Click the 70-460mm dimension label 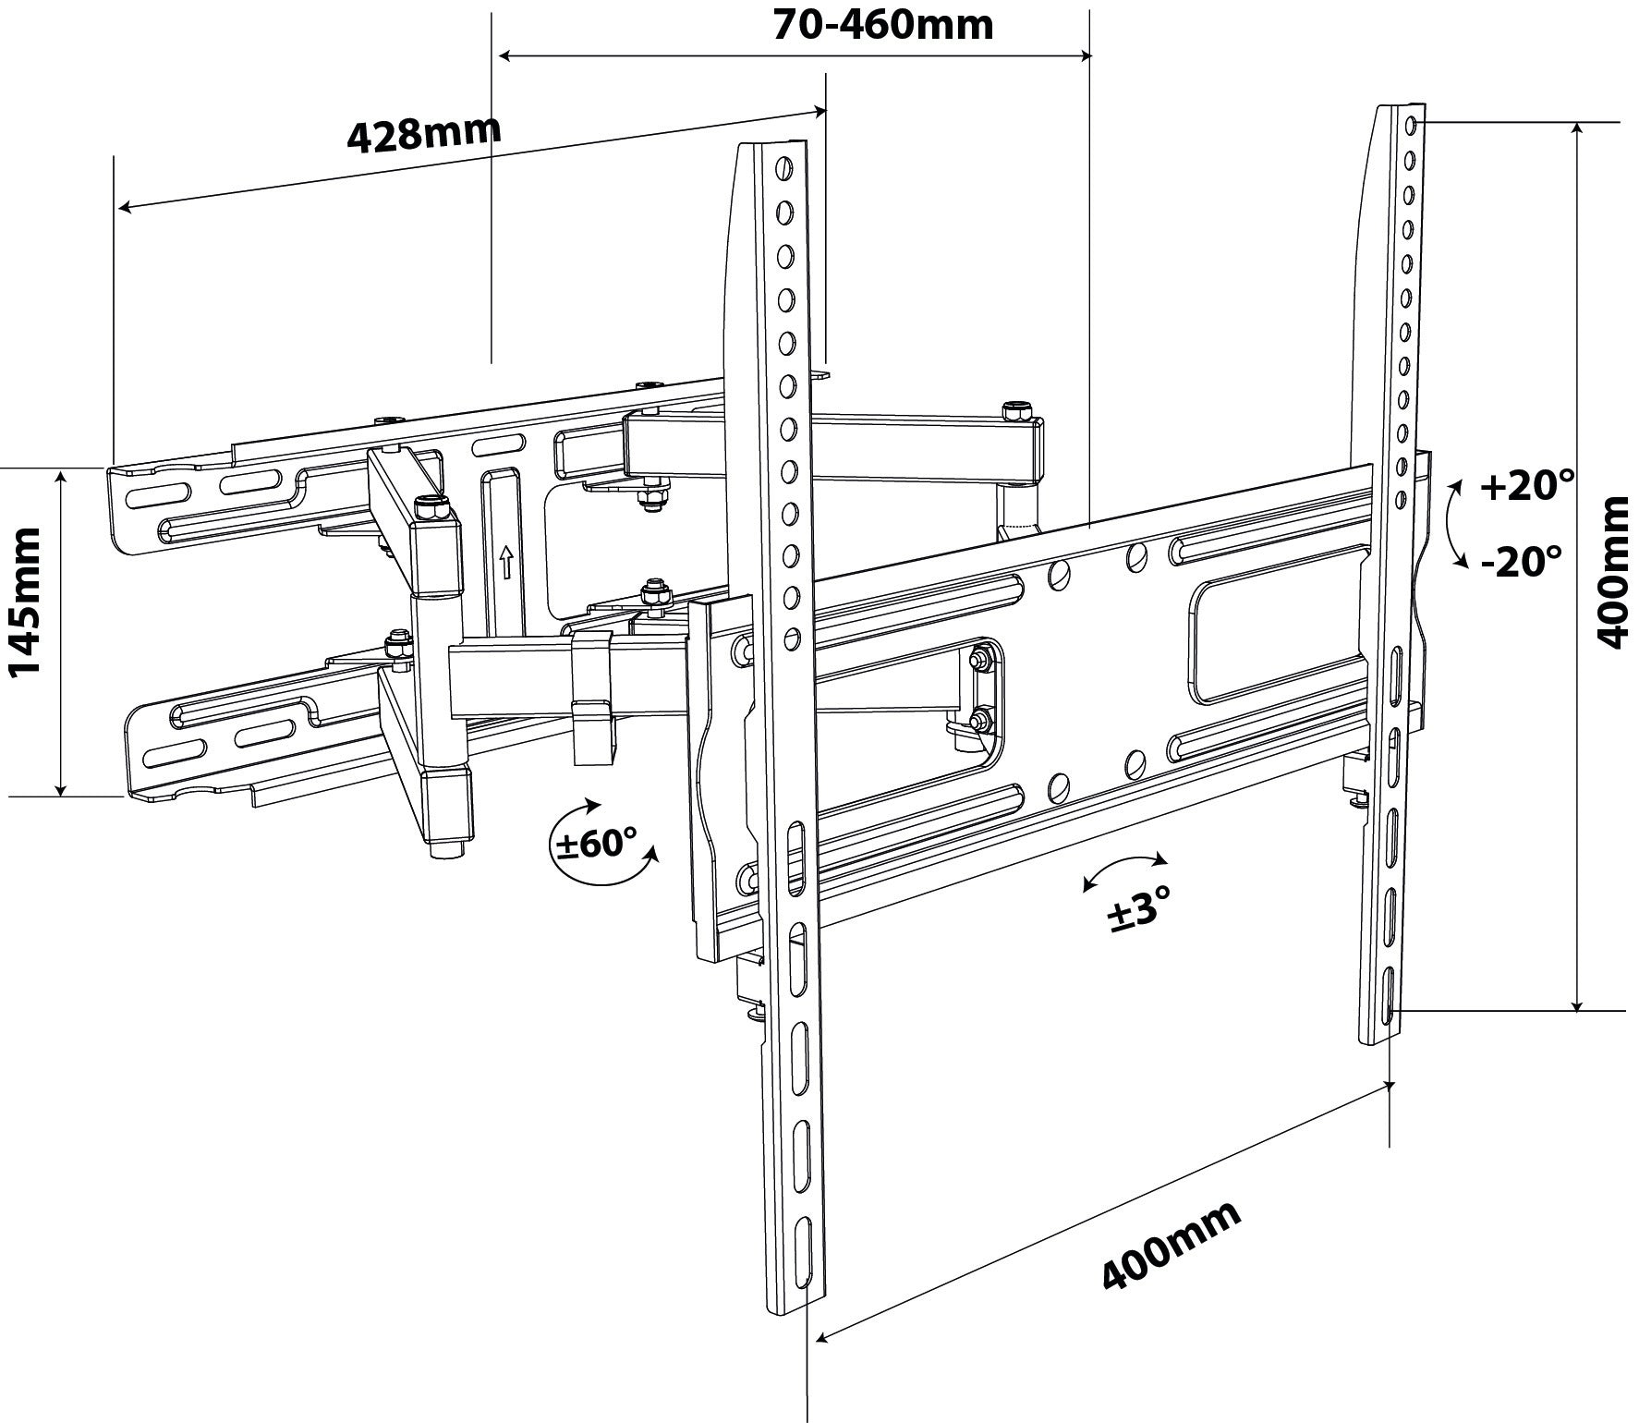pyautogui.click(x=882, y=25)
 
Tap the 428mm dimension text pyautogui.click(x=424, y=134)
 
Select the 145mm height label pyautogui.click(x=24, y=615)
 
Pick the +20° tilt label pyautogui.click(x=1526, y=486)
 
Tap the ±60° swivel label pyautogui.click(x=595, y=843)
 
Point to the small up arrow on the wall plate pyautogui.click(x=504, y=561)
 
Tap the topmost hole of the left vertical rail pyautogui.click(x=783, y=168)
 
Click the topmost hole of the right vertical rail pyautogui.click(x=1410, y=124)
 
